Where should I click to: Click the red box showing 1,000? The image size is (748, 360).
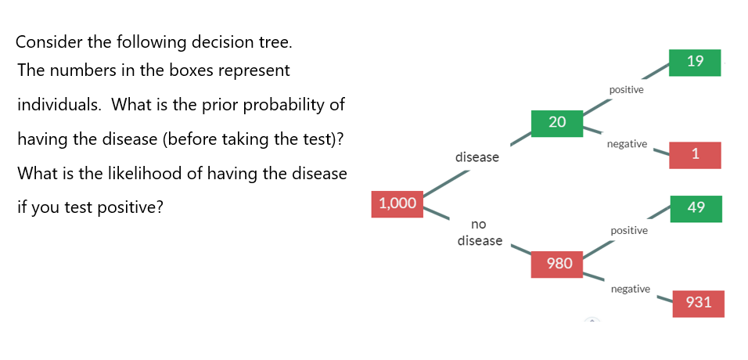point(397,203)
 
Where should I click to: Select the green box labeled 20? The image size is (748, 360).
point(556,122)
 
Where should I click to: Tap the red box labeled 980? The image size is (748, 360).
point(559,264)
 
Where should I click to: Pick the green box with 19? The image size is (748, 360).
point(695,62)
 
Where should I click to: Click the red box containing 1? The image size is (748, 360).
point(695,154)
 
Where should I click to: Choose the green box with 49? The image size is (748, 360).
point(696,207)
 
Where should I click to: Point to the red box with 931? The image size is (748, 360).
point(698,302)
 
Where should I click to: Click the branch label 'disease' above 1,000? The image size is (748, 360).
point(476,157)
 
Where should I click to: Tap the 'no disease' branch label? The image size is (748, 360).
point(479,232)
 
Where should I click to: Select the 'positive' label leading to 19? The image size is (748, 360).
point(626,90)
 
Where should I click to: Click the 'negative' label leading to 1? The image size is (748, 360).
point(627,144)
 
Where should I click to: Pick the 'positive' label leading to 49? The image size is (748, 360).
point(628,231)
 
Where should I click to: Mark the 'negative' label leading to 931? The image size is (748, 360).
point(630,289)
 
